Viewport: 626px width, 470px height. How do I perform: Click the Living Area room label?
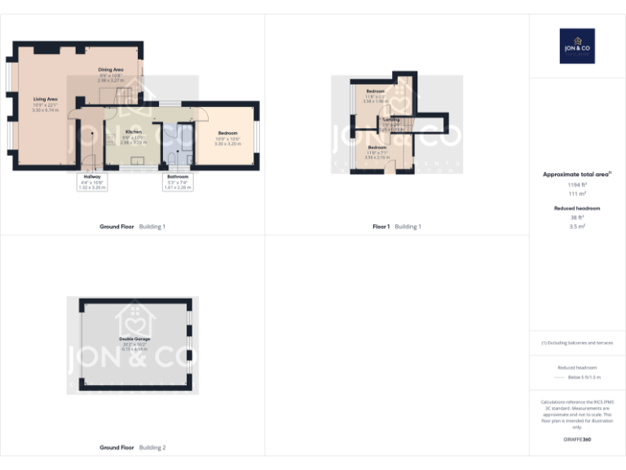[46, 98]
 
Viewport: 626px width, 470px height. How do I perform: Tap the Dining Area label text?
[111, 70]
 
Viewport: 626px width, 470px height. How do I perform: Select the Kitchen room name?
[133, 131]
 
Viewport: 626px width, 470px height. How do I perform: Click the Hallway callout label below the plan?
[92, 176]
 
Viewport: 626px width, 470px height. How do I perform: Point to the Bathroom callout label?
[178, 176]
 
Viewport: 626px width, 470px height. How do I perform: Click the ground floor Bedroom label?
[227, 132]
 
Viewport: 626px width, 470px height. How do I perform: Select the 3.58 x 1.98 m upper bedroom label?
[375, 91]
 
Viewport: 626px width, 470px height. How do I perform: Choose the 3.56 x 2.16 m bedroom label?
[377, 147]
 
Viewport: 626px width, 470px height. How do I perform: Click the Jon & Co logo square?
[577, 47]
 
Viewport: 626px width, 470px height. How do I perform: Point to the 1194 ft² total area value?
[577, 185]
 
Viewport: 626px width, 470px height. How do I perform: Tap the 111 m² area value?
[577, 194]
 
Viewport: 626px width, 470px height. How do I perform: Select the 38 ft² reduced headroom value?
[577, 218]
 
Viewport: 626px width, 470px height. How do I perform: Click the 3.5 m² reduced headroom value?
[577, 227]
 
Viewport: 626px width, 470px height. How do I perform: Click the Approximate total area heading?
[575, 175]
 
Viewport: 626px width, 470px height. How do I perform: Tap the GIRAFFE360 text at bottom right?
[577, 440]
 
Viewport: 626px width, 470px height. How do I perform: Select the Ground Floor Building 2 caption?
[132, 447]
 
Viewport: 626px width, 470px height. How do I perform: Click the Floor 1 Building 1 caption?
[397, 226]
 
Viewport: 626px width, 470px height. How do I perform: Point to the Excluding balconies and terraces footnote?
[577, 343]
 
